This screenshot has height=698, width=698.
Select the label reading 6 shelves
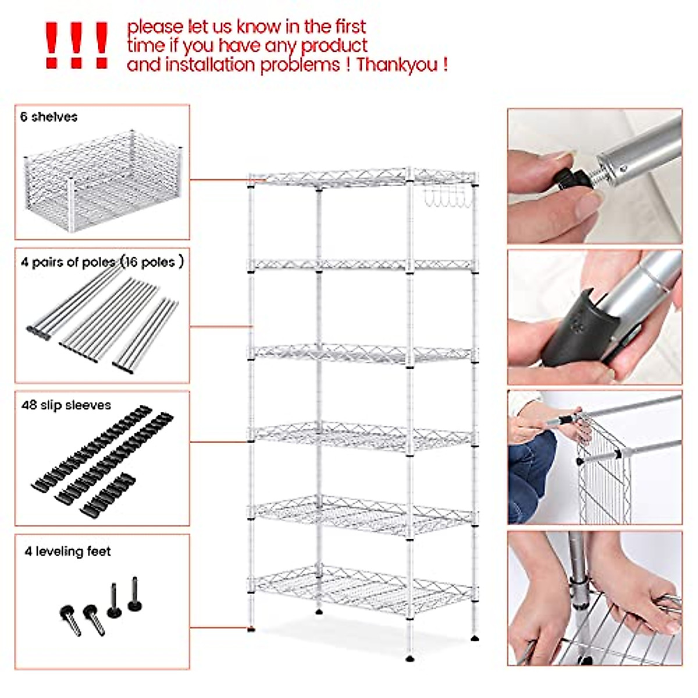coord(49,117)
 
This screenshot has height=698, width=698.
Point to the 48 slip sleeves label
coord(66,405)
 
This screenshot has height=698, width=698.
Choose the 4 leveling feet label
coord(67,551)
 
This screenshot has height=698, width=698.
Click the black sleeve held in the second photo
coord(576,332)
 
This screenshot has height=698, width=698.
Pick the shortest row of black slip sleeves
coord(108,494)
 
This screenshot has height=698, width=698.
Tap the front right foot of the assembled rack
coord(411,657)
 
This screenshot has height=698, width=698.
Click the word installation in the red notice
coord(211,65)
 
